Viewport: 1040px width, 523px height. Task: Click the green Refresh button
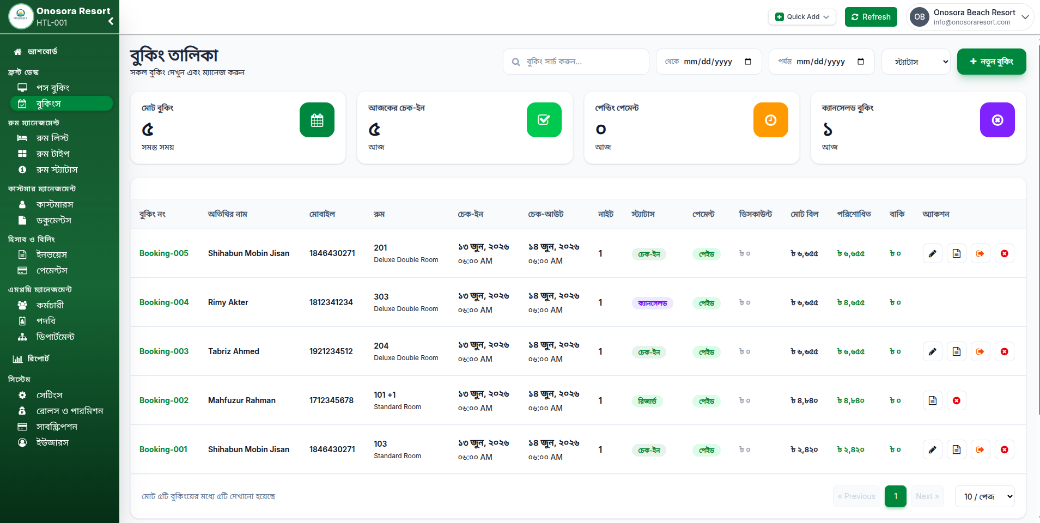coord(871,17)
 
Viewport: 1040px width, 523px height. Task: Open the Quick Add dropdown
coord(802,17)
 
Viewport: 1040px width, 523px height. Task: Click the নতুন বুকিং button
coord(992,62)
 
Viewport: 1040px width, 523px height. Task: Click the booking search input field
coord(576,62)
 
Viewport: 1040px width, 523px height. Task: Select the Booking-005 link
coord(164,253)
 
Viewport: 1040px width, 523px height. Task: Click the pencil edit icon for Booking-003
coord(933,351)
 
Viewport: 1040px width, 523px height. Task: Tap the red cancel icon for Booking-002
coord(957,400)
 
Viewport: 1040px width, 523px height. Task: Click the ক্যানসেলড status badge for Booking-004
coord(653,303)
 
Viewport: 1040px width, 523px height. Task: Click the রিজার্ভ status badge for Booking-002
coord(647,401)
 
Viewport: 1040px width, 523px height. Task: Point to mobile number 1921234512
coord(331,351)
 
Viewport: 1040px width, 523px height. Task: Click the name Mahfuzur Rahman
coord(242,400)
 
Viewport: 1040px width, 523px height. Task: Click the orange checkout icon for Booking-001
coord(980,449)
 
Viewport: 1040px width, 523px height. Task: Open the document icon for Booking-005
coord(957,253)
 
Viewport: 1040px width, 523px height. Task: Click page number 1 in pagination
coord(896,496)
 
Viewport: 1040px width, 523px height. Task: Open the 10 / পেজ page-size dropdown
coord(985,496)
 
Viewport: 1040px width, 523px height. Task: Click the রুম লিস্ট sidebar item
coord(52,138)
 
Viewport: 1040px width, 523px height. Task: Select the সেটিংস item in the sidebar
coord(49,395)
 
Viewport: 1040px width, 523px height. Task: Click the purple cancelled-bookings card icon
coord(998,120)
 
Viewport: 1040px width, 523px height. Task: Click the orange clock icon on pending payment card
coord(771,120)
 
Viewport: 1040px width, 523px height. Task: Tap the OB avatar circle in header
coord(920,17)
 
